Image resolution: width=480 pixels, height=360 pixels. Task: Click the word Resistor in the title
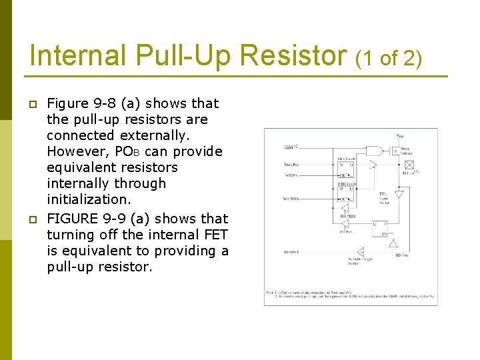[x=290, y=55]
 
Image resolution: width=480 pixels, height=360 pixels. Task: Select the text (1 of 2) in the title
[x=389, y=58]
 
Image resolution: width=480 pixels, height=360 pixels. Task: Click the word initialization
[x=90, y=199]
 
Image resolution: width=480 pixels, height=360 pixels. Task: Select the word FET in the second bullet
[x=214, y=235]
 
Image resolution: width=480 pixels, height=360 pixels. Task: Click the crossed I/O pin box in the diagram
[x=409, y=164]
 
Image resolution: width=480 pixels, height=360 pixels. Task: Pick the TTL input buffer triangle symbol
[x=399, y=195]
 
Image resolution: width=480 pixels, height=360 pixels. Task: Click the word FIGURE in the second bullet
[x=71, y=219]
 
